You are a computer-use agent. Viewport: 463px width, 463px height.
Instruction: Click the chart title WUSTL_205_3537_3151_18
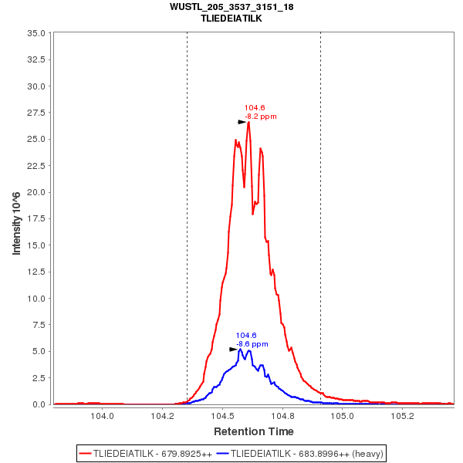click(231, 7)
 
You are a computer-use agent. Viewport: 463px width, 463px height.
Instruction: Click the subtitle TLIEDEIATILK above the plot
click(231, 18)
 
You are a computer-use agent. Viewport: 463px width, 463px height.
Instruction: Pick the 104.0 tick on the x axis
click(103, 416)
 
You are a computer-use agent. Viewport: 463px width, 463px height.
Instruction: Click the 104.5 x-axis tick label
click(222, 416)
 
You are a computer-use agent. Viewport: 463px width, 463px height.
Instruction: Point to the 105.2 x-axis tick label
click(402, 416)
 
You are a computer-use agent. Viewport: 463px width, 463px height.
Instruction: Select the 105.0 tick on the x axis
click(342, 416)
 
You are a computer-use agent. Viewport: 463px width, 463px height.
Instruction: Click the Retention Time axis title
click(253, 431)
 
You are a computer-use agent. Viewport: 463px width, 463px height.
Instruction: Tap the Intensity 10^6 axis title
click(16, 218)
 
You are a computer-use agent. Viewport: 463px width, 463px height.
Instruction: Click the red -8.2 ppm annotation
click(260, 117)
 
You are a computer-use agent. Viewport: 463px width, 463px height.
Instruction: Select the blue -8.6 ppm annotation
click(252, 344)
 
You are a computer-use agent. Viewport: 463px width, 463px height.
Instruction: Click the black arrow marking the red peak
click(242, 122)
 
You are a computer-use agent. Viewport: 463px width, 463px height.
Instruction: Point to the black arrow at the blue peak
click(233, 350)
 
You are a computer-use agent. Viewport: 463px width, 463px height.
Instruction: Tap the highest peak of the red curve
click(248, 122)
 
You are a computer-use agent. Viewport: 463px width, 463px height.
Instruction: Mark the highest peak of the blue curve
click(240, 350)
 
